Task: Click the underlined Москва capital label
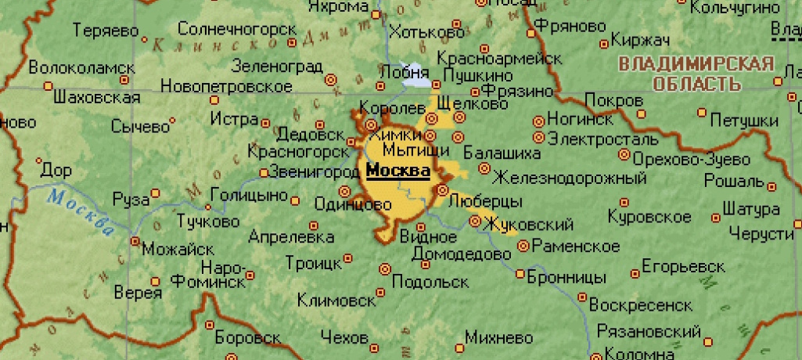[x=397, y=171]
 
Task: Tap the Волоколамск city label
[x=77, y=67]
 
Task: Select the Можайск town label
[x=178, y=249]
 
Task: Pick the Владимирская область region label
[x=696, y=74]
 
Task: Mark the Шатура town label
[x=750, y=210]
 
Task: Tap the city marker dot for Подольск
[x=385, y=268]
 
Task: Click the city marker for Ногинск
[x=538, y=121]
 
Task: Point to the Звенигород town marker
[x=264, y=173]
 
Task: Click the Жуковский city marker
[x=475, y=221]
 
